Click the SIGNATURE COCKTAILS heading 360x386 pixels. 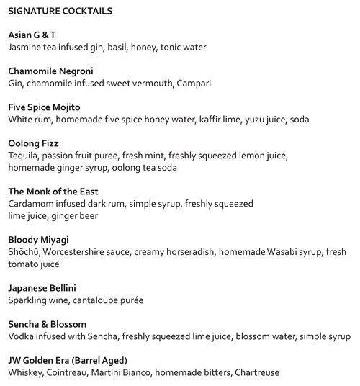pos(60,12)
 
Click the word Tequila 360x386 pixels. pos(25,156)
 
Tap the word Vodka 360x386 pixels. pos(22,336)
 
